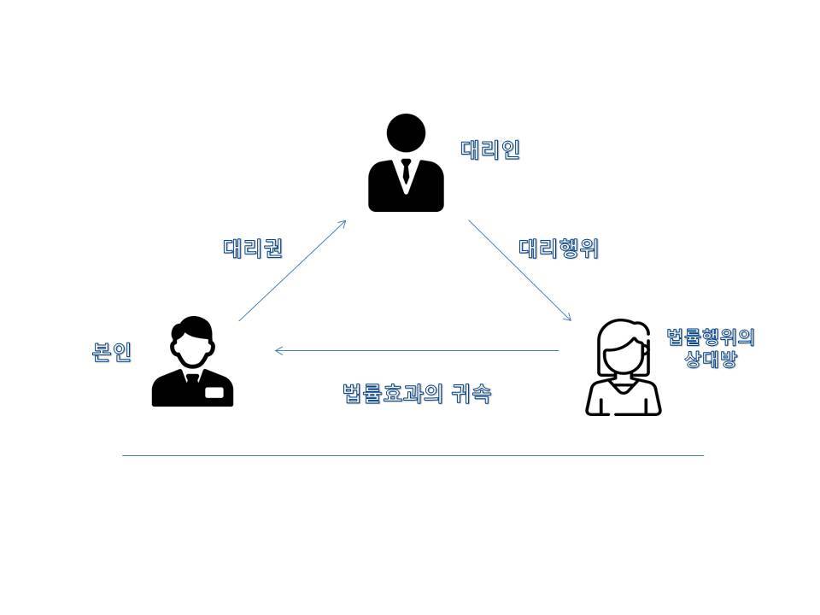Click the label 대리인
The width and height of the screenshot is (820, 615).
coord(490,150)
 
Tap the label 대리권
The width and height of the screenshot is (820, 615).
coord(253,249)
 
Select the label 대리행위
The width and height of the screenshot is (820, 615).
coord(559,249)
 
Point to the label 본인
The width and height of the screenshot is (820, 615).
coord(112,352)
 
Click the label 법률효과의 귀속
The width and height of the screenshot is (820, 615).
coord(416,394)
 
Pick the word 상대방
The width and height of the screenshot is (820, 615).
coord(711,359)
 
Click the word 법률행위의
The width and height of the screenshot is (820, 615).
coord(711,337)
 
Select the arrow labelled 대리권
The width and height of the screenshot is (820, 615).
coord(292,271)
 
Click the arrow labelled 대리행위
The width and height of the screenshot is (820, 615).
coord(519,270)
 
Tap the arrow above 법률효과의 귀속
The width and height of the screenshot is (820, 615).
coord(417,350)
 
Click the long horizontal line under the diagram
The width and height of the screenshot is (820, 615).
coord(413,455)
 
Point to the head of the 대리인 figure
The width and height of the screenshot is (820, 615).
coord(406,134)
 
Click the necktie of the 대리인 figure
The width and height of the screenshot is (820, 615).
coord(406,174)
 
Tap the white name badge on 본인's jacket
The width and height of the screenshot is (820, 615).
coord(214,392)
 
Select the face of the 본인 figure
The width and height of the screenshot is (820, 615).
coord(192,347)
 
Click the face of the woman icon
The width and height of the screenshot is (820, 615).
coord(623,355)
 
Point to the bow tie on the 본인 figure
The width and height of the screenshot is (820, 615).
coord(192,376)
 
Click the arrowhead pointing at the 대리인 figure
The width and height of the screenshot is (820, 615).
coord(343,223)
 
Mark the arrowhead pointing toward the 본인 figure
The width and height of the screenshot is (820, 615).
coord(278,350)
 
